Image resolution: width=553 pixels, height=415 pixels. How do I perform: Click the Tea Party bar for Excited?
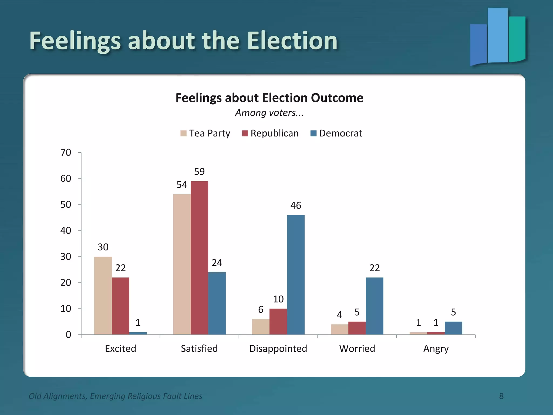[x=103, y=296]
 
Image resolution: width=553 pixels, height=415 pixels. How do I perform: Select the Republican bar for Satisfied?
[x=199, y=258]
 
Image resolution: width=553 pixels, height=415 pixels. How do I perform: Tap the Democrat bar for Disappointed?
[x=296, y=275]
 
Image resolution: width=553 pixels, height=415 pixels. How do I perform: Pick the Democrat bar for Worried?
[x=375, y=306]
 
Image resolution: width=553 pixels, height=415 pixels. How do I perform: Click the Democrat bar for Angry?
[x=453, y=328]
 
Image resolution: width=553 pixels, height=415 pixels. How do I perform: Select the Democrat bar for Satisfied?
[x=217, y=303]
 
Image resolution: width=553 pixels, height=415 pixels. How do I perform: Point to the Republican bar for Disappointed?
[x=278, y=322]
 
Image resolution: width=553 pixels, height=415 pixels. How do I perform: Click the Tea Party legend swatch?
[x=183, y=133]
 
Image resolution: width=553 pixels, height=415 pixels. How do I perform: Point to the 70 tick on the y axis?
[x=66, y=153]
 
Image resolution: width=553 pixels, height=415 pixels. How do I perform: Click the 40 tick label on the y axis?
[x=66, y=231]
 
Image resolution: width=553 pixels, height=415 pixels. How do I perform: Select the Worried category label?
[x=357, y=349]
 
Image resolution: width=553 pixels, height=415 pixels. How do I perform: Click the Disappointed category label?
[x=278, y=349]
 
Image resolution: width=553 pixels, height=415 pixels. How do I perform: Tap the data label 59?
[x=199, y=172]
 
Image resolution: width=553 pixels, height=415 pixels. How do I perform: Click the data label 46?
[x=296, y=206]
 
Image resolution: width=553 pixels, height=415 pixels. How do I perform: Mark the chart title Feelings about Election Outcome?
[x=269, y=98]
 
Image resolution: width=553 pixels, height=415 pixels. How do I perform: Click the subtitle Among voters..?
[x=269, y=113]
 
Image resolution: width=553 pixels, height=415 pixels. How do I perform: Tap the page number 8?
[x=501, y=396]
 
